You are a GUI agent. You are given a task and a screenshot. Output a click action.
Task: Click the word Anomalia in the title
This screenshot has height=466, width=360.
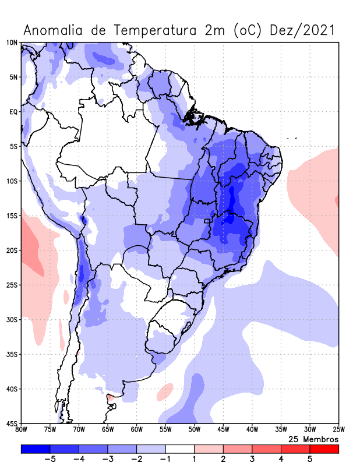pyautogui.click(x=54, y=30)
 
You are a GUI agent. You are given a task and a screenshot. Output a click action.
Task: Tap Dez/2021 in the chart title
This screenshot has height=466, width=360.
pyautogui.click(x=302, y=30)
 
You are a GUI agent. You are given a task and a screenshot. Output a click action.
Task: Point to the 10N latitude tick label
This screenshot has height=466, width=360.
pyautogui.click(x=12, y=43)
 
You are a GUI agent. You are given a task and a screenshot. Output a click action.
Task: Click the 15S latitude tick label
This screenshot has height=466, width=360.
pyautogui.click(x=12, y=216)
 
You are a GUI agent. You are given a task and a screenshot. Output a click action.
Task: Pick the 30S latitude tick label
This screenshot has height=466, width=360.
pyautogui.click(x=12, y=319)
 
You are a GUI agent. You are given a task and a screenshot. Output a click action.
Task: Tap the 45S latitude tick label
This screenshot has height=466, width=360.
pyautogui.click(x=12, y=423)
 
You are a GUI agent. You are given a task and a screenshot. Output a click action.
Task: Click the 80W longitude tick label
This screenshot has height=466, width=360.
pyautogui.click(x=22, y=430)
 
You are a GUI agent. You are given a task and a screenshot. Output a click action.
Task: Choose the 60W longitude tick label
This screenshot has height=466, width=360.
pyautogui.click(x=137, y=430)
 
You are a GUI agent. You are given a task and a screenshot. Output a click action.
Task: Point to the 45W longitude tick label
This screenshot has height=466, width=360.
pyautogui.click(x=223, y=430)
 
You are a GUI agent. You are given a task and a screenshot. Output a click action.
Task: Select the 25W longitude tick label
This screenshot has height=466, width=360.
pyautogui.click(x=338, y=430)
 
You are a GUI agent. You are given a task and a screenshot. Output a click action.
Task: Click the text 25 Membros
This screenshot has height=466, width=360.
pyautogui.click(x=313, y=439)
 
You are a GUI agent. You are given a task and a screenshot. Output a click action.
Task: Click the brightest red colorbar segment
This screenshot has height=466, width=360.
pyautogui.click(x=324, y=449)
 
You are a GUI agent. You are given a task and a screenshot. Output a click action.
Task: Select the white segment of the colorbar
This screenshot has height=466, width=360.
pyautogui.click(x=180, y=449)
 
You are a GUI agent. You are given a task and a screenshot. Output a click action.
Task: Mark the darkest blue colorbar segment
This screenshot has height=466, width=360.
pyautogui.click(x=36, y=449)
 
